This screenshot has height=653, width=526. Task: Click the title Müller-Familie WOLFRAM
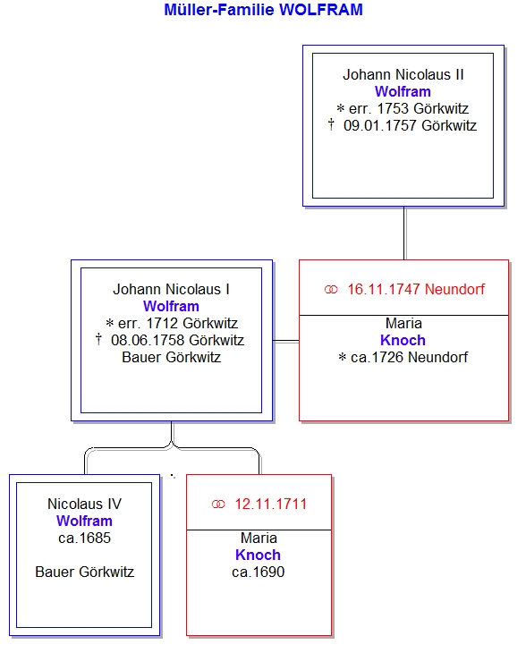(263, 10)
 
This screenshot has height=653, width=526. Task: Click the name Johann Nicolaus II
(403, 74)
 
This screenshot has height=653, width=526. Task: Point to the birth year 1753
(393, 108)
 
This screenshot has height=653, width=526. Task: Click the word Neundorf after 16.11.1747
(454, 289)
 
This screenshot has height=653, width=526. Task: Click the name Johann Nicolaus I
(171, 289)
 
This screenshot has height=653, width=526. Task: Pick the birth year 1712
(162, 323)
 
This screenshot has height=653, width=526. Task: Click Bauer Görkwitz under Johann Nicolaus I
(171, 357)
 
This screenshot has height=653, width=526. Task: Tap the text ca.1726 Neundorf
(409, 357)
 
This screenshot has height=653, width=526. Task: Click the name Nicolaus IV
(85, 504)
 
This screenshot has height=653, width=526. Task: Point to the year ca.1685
(85, 539)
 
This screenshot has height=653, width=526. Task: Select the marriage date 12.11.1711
(271, 504)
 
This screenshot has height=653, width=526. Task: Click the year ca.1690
(259, 572)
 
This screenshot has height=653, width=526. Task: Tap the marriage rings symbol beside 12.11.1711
(218, 505)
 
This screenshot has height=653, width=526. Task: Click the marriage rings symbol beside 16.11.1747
(331, 290)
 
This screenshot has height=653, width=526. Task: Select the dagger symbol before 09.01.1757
(331, 124)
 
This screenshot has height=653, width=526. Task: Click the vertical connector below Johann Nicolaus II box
(404, 233)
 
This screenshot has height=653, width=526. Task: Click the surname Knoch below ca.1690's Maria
(259, 555)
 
